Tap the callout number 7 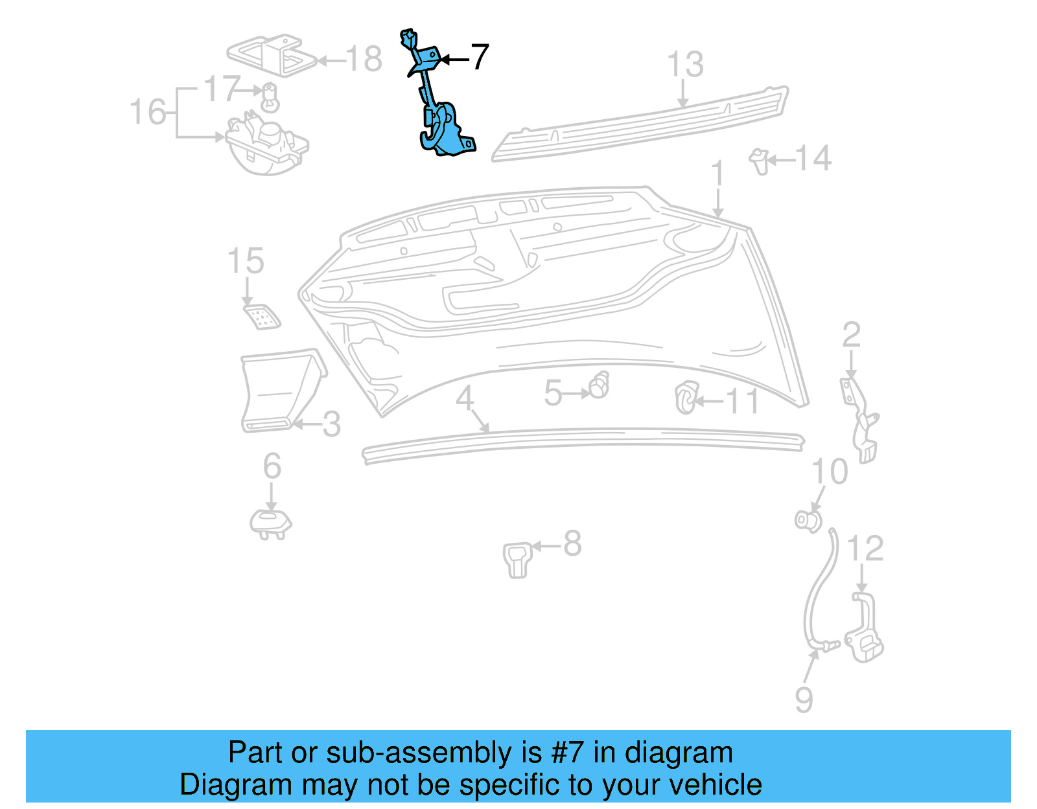(x=479, y=58)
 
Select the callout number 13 (x=685, y=65)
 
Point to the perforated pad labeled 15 (x=262, y=316)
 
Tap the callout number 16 (x=148, y=112)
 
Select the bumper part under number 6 (x=270, y=523)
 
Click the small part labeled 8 (x=517, y=558)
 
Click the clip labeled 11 (x=686, y=398)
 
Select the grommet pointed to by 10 (x=808, y=519)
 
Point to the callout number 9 (x=804, y=700)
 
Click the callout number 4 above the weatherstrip (x=465, y=398)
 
